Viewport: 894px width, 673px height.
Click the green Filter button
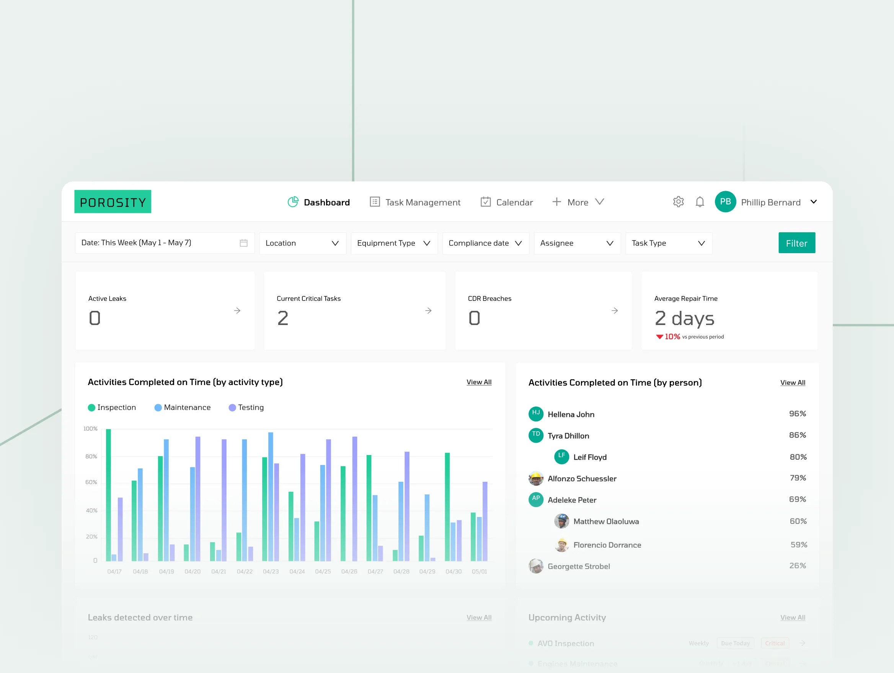coord(796,243)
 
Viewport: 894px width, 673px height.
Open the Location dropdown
coord(302,243)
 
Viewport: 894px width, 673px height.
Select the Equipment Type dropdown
coord(394,243)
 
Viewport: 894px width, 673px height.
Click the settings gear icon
coord(678,202)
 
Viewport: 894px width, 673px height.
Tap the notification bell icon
coord(700,202)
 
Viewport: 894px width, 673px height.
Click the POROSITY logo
coord(113,202)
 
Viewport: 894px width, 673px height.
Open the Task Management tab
coord(415,202)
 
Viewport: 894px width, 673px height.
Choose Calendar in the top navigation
coord(506,202)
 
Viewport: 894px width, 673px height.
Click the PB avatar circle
coord(725,202)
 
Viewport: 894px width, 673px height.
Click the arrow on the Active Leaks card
coord(237,310)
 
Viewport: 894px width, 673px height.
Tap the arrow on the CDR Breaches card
coord(614,310)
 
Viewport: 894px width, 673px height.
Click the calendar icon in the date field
coord(243,243)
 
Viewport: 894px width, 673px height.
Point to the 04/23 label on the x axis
coord(271,572)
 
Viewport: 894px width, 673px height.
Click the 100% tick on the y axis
coord(91,429)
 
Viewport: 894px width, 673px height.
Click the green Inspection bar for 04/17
coord(108,494)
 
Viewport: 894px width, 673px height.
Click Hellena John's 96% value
coord(797,414)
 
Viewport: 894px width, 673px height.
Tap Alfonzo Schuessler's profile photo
coord(535,478)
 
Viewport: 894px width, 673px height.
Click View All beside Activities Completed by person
coord(792,383)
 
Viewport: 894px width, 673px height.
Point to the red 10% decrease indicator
coord(668,337)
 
